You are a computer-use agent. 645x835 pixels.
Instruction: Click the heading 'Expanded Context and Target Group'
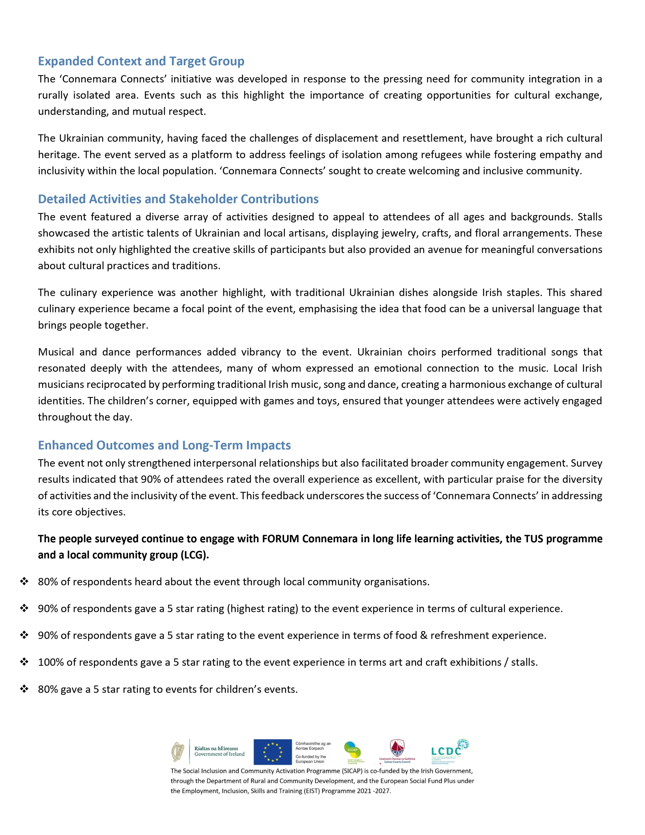click(x=141, y=61)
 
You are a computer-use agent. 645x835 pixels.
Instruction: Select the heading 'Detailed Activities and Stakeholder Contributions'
click(x=178, y=199)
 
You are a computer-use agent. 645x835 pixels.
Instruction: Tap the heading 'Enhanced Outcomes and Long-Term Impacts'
click(x=164, y=446)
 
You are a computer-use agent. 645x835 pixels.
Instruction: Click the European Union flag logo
click(x=272, y=752)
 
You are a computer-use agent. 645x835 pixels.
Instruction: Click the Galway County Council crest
click(x=397, y=748)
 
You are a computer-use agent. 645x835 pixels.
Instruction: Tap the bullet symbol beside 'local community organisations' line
click(x=25, y=582)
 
